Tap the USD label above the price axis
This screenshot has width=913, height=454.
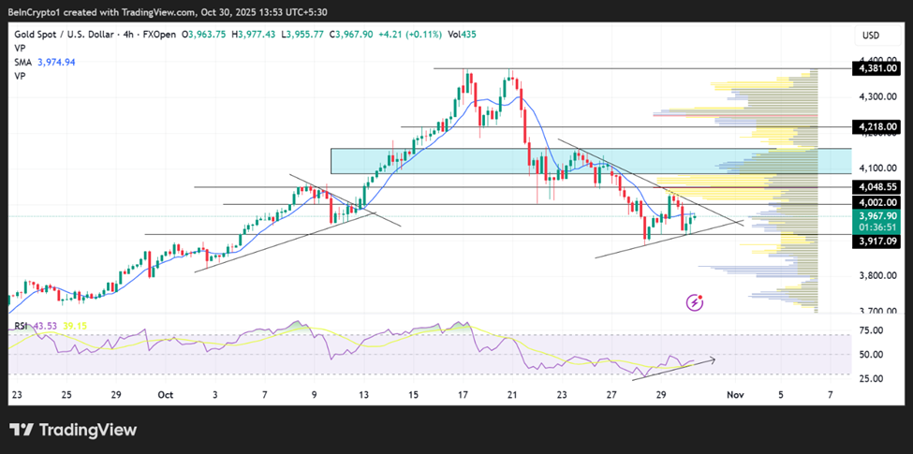(x=870, y=36)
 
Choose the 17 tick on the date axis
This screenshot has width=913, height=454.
(x=462, y=395)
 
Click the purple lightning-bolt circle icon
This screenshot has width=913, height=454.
(x=696, y=301)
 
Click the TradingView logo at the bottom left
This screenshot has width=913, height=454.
(x=73, y=430)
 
